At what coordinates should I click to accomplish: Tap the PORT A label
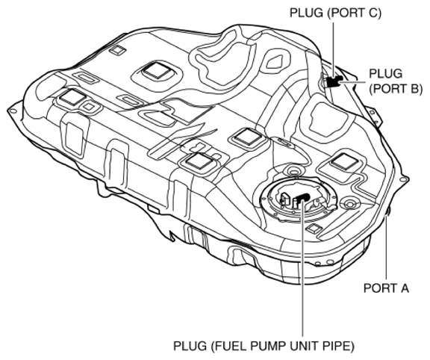(386, 288)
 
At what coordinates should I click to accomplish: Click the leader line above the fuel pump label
(302, 276)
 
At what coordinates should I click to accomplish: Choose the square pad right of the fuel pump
(344, 160)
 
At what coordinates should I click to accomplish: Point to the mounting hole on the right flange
(404, 180)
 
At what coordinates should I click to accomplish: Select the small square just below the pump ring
(316, 227)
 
